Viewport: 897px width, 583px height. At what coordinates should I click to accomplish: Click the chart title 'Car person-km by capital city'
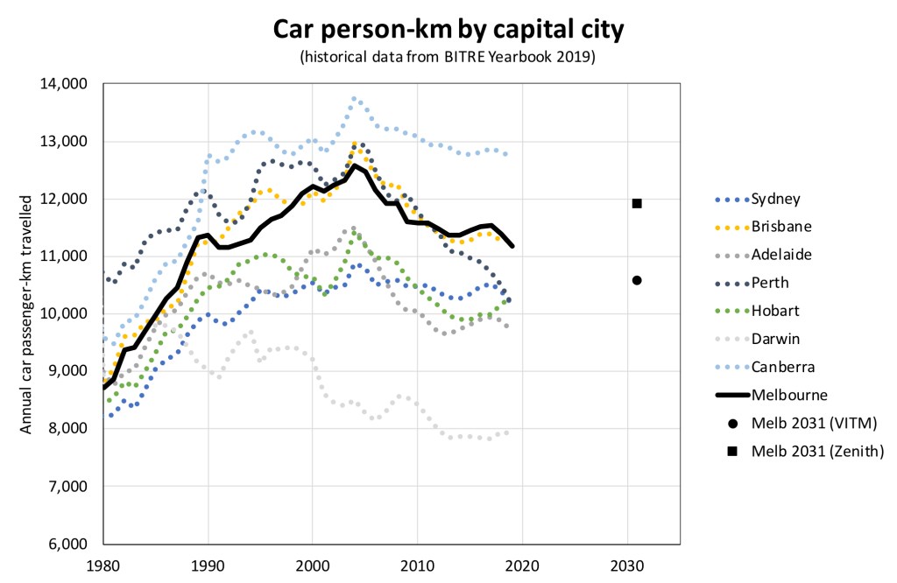(448, 30)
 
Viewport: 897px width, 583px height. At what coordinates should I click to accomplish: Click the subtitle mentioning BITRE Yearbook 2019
(448, 58)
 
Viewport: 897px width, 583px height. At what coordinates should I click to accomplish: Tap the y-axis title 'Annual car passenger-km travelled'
(27, 313)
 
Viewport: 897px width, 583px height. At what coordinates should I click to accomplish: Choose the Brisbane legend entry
(779, 227)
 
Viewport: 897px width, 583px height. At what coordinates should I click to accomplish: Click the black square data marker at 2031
(637, 203)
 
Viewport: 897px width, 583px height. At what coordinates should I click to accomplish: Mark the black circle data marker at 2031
(637, 280)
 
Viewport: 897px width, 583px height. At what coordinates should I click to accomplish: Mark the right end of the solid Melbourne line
(512, 246)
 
